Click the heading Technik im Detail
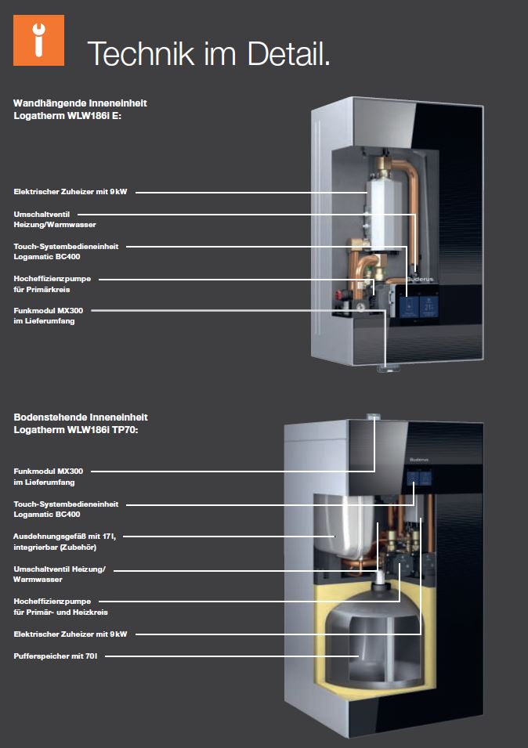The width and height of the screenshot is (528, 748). coord(208,53)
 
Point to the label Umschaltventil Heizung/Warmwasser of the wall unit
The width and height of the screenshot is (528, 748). coord(55,219)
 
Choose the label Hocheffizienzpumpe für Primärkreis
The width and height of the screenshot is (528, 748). coord(55,284)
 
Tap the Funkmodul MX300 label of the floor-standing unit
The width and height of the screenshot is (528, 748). coord(49,476)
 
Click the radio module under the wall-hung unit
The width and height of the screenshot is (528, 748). coord(388,367)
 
